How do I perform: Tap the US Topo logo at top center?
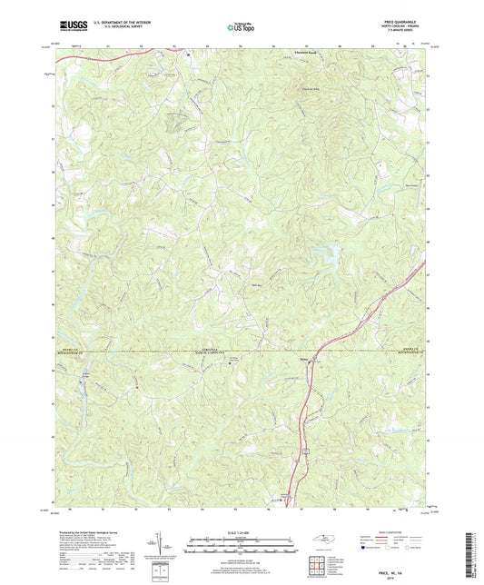(x=242, y=27)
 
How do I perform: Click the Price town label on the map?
(x=306, y=360)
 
